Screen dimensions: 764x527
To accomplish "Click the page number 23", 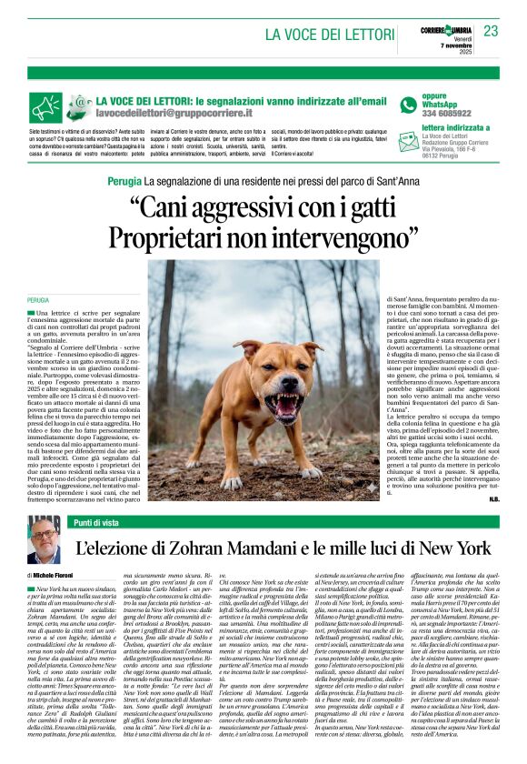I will tap(491, 31).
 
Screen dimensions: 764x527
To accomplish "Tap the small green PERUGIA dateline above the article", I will tap(38, 299).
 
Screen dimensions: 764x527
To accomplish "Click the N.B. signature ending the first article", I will tap(492, 498).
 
